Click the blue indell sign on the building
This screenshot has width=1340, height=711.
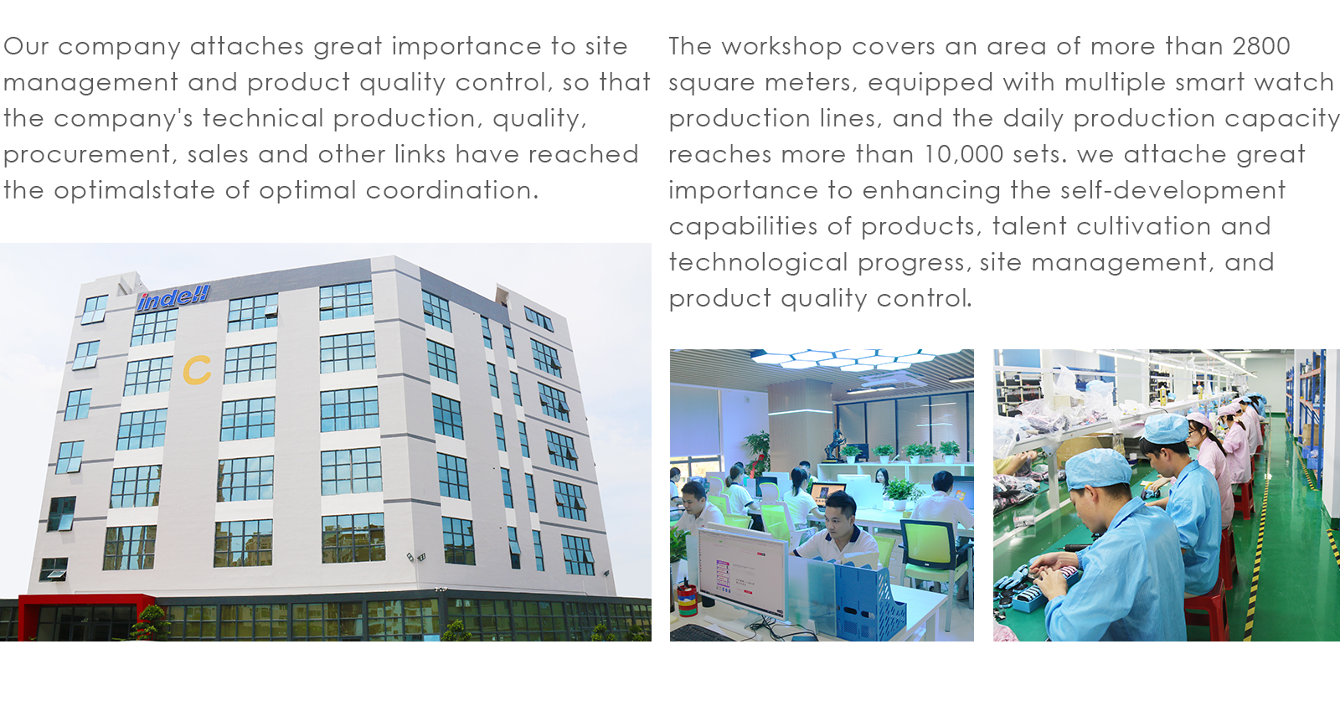173,297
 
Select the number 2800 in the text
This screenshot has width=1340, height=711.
1261,47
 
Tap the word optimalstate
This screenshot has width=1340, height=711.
134,191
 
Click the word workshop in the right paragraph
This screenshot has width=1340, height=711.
782,47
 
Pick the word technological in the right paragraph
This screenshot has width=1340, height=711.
758,262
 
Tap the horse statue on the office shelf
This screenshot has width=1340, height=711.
836,447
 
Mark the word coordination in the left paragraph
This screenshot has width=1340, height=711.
452,191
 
